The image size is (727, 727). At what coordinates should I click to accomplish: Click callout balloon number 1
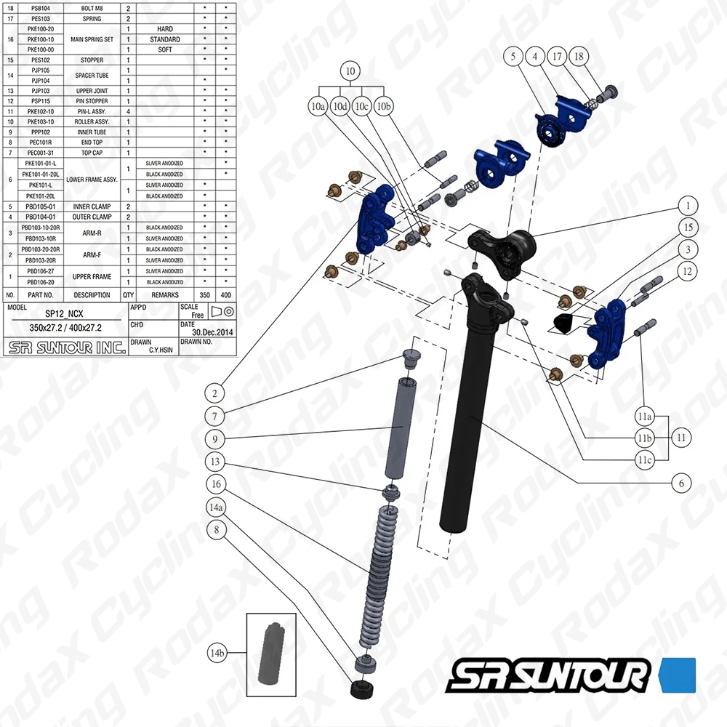[x=686, y=205]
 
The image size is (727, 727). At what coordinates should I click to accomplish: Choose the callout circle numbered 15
[x=686, y=228]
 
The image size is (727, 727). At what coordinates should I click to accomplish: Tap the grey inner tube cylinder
[x=407, y=429]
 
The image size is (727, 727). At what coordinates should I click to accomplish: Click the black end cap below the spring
[x=362, y=689]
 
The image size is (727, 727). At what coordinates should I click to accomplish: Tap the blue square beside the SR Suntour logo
[x=678, y=674]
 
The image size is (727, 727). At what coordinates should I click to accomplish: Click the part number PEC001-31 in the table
[x=41, y=153]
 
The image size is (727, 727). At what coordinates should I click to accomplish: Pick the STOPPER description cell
[x=92, y=60]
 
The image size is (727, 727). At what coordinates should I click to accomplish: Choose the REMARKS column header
[x=165, y=295]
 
